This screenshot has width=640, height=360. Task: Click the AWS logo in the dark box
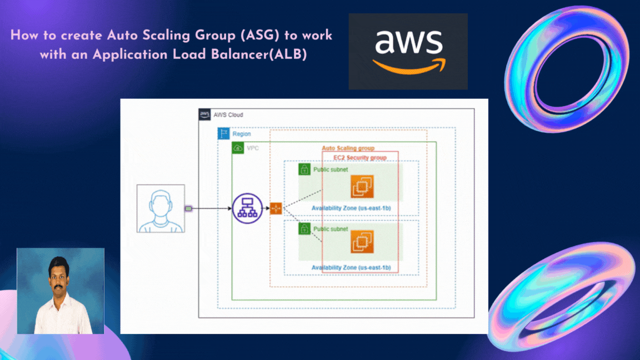pos(408,51)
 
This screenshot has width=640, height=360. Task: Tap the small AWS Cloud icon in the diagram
pos(204,115)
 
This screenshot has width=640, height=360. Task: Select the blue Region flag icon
pos(223,134)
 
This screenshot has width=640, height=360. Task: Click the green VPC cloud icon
pos(238,148)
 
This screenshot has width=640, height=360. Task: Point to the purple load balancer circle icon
pos(247,208)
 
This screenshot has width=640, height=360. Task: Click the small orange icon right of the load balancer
pos(276,208)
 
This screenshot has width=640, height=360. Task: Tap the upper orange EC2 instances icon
pos(362,187)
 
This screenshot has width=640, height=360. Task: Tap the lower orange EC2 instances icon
pos(362,242)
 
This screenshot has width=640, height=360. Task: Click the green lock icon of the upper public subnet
pos(304,169)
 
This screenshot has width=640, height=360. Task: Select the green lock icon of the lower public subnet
pos(304,228)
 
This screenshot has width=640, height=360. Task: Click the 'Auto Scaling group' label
pos(348,148)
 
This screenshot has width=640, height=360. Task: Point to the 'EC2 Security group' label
pos(356,158)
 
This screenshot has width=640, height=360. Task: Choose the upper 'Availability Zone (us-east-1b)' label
pos(351,208)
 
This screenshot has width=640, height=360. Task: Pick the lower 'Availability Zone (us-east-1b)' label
pos(351,268)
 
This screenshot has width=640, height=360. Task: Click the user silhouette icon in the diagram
pos(161,208)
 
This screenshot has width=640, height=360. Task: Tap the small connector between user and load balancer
pos(188,208)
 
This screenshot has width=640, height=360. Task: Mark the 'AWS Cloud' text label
pos(228,115)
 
